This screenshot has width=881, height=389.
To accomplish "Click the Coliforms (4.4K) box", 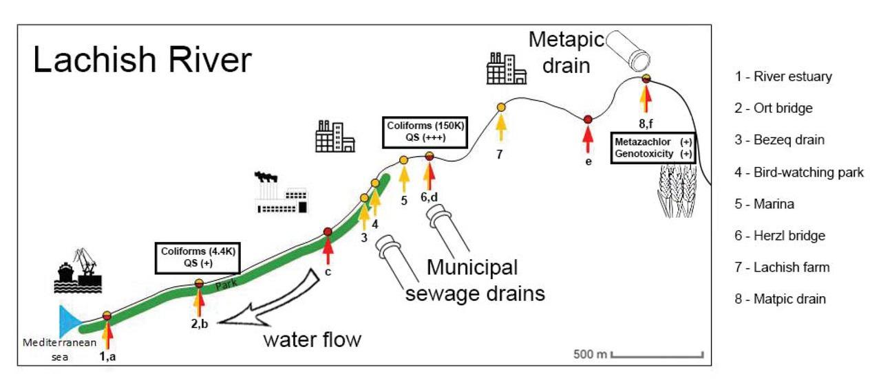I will [x=198, y=256].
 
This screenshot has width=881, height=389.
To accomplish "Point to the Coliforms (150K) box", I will [x=423, y=131].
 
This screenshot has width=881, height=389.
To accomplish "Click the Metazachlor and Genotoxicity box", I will [x=653, y=148].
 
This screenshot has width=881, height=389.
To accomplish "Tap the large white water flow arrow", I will [x=269, y=302].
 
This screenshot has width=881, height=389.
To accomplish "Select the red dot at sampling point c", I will [x=328, y=232].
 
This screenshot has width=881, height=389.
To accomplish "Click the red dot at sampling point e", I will [x=588, y=120].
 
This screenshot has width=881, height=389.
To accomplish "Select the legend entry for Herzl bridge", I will [x=779, y=236].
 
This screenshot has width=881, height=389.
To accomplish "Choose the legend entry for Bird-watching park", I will [x=798, y=173].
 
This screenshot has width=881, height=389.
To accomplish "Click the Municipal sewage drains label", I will [x=475, y=280].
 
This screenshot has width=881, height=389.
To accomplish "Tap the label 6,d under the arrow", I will [x=429, y=197].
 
